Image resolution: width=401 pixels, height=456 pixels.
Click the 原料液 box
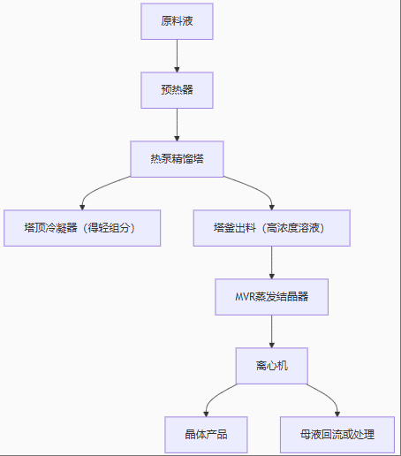(x=177, y=21)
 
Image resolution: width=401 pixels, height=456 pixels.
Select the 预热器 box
(x=177, y=90)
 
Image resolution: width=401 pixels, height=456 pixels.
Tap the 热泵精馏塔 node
(x=177, y=159)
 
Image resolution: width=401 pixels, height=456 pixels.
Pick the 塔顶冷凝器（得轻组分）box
(x=81, y=228)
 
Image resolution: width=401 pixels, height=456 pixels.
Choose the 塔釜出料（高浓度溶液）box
(x=271, y=228)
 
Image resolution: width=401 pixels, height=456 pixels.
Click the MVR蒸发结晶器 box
(x=271, y=297)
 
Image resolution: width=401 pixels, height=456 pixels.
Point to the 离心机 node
(x=271, y=366)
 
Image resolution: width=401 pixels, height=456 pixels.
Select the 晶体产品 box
(x=206, y=435)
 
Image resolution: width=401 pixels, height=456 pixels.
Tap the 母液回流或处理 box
(x=337, y=435)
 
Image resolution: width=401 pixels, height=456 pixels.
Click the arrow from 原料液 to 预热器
(x=177, y=56)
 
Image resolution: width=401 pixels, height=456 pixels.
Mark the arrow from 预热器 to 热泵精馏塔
(x=177, y=125)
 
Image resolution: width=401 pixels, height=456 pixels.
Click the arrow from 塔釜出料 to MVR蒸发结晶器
(x=271, y=262)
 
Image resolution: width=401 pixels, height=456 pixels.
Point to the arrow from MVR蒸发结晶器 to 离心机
(x=271, y=331)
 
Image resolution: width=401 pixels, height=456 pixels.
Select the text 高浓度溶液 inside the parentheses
(x=299, y=228)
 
